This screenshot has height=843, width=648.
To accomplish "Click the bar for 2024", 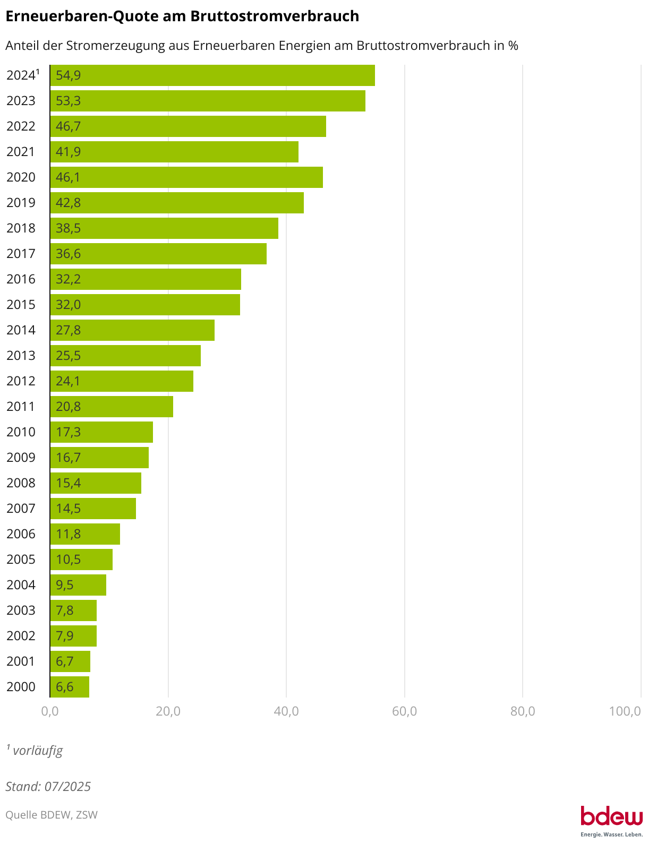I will pyautogui.click(x=212, y=75).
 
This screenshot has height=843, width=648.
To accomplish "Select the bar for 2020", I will pyautogui.click(x=186, y=177).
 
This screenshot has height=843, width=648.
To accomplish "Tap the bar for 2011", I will pyautogui.click(x=112, y=407).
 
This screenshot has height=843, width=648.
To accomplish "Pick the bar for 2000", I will pyautogui.click(x=70, y=687).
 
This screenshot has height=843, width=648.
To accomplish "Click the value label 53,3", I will pyautogui.click(x=69, y=101).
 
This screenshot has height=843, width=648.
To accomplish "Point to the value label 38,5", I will pyautogui.click(x=69, y=228).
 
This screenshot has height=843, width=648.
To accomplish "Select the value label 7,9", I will pyautogui.click(x=65, y=636).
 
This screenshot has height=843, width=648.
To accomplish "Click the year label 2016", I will pyautogui.click(x=21, y=279).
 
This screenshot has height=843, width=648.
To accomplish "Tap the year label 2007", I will pyautogui.click(x=21, y=509).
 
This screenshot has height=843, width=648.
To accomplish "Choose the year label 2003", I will pyautogui.click(x=21, y=610).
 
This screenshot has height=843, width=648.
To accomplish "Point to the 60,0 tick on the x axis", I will pyautogui.click(x=404, y=711).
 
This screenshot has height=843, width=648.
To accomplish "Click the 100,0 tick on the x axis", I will pyautogui.click(x=625, y=711).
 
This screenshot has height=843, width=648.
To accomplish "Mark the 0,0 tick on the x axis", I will pyautogui.click(x=50, y=711).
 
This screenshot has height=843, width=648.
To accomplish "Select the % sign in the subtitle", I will pyautogui.click(x=513, y=46).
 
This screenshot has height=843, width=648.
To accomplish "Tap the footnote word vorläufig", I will pyautogui.click(x=38, y=751).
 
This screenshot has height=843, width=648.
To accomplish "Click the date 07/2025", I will pyautogui.click(x=67, y=787).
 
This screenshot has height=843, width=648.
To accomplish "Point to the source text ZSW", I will pyautogui.click(x=87, y=815).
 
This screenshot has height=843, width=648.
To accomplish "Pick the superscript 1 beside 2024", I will pyautogui.click(x=38, y=72).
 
